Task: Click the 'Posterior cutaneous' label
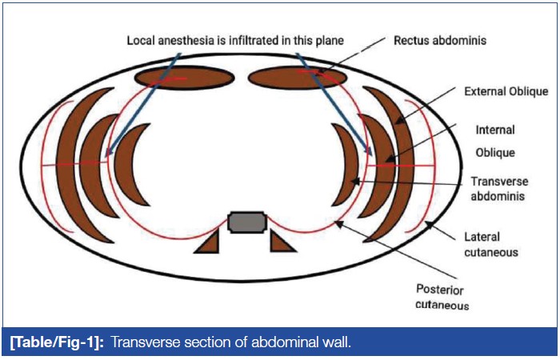[442, 296]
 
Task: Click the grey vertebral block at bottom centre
[246, 222]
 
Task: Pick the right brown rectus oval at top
[298, 78]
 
